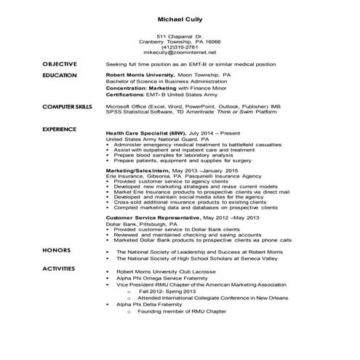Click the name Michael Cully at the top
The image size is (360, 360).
coord(180,18)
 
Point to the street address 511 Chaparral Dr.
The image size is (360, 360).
coord(180,36)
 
